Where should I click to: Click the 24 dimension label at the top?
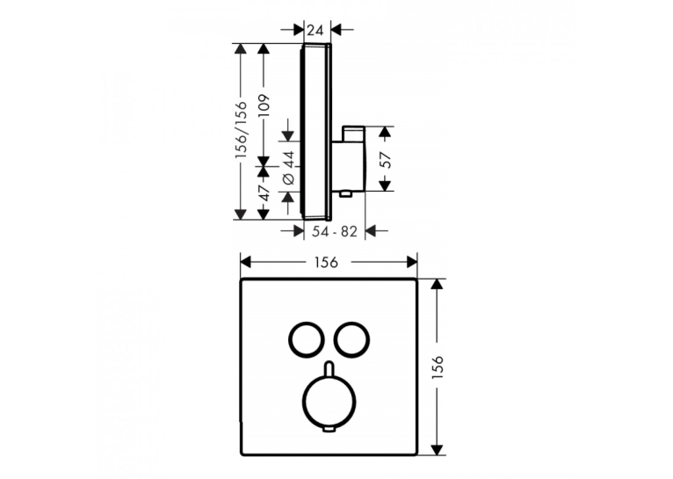315,31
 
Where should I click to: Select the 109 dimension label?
264,105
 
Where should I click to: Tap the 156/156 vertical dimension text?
242,130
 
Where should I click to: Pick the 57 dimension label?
387,160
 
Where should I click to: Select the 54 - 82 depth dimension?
335,232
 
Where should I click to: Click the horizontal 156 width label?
326,262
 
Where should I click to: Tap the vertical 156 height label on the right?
438,367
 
